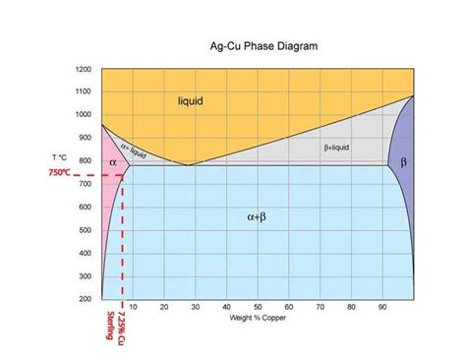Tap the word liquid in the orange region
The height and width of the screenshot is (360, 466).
pyautogui.click(x=192, y=101)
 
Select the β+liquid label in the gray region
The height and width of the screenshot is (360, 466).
pyautogui.click(x=336, y=148)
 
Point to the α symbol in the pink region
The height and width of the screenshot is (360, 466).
pyautogui.click(x=113, y=161)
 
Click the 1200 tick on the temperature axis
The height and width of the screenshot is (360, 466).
pyautogui.click(x=83, y=70)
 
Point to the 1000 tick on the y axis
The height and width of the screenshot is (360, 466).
pyautogui.click(x=83, y=114)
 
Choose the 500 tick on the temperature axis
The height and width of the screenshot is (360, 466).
pyautogui.click(x=85, y=230)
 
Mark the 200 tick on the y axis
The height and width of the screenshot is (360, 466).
pyautogui.click(x=85, y=297)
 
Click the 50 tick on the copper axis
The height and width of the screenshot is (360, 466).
pyautogui.click(x=258, y=307)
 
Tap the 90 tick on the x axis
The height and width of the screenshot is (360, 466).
pyautogui.click(x=383, y=307)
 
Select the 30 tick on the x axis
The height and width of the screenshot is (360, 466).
pyautogui.click(x=195, y=307)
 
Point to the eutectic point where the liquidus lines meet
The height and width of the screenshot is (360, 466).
pyautogui.click(x=189, y=164)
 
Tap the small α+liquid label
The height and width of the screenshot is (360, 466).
pyautogui.click(x=135, y=150)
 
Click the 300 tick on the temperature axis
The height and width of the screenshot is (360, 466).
pyautogui.click(x=85, y=275)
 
